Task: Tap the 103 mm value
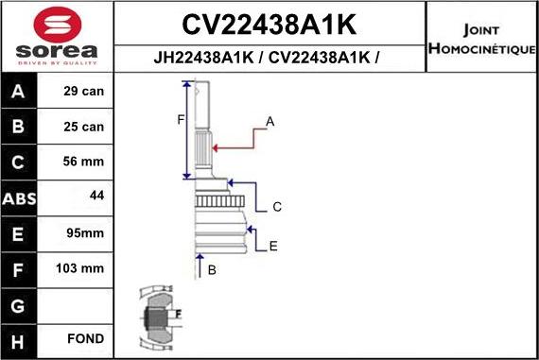pyautogui.click(x=79, y=267)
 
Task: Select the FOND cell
pyautogui.click(x=84, y=338)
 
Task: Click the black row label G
pyautogui.click(x=18, y=303)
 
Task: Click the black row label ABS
pyautogui.click(x=18, y=197)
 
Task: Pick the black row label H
pyautogui.click(x=18, y=338)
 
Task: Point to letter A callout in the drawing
pyautogui.click(x=269, y=122)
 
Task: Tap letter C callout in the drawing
pyautogui.click(x=277, y=206)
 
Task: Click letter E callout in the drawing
pyautogui.click(x=273, y=247)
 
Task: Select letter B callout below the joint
pyautogui.click(x=212, y=271)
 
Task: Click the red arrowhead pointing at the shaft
pyautogui.click(x=217, y=147)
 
